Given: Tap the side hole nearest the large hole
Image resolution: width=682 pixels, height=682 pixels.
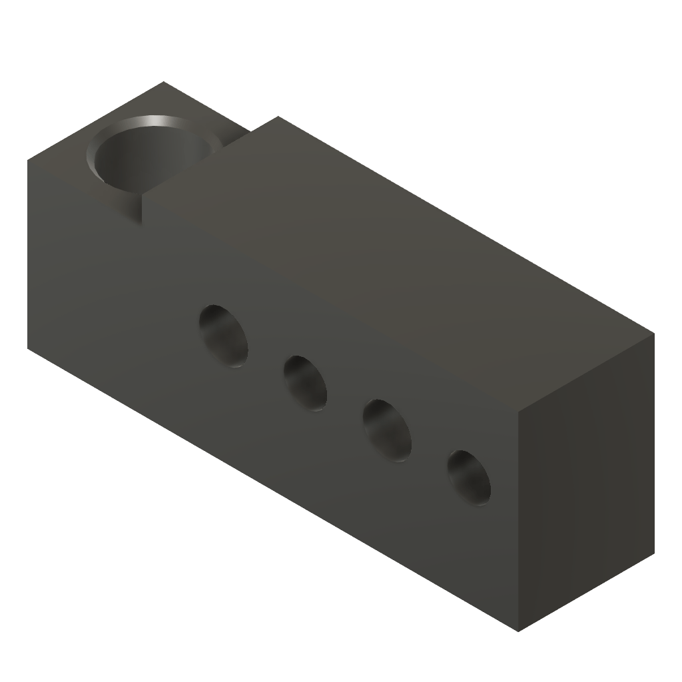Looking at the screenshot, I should click(223, 336).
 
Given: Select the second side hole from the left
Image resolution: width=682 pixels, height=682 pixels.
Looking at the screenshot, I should click(305, 383).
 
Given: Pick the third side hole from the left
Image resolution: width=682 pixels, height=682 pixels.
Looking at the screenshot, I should click(387, 430).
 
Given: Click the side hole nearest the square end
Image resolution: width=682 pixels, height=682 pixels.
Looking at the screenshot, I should click(469, 476).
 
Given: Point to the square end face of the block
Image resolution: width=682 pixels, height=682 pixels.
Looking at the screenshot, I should click(586, 483).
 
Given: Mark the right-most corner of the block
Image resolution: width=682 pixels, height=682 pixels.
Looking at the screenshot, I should click(654, 334).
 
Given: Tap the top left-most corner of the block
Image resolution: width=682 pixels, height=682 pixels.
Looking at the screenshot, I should click(28, 159).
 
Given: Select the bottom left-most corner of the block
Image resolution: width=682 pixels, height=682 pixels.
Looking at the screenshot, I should click(28, 348).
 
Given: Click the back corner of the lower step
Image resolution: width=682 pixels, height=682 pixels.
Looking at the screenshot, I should click(164, 82).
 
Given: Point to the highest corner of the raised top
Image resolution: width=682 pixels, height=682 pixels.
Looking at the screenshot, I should click(277, 117).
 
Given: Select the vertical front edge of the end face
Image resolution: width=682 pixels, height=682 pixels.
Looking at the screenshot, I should click(518, 519).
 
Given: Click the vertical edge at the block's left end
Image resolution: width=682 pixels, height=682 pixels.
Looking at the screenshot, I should click(28, 253).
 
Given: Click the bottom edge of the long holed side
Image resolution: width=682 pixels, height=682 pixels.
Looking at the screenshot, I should click(273, 490).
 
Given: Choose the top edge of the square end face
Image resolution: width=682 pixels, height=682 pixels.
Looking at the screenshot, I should click(586, 373).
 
